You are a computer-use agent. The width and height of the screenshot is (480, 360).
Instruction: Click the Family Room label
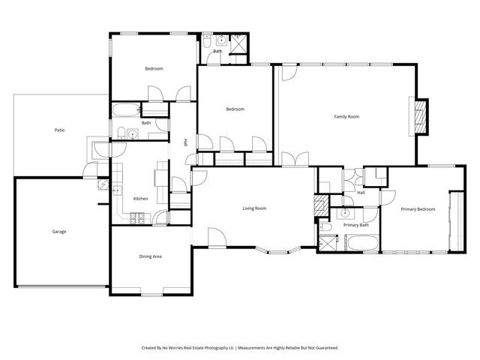346,116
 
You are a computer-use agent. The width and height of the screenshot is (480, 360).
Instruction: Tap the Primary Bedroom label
418,209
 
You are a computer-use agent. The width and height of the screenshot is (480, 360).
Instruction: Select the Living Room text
254,208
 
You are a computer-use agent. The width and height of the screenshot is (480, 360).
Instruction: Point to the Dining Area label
151,256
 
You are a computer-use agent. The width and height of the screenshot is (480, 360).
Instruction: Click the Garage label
59,231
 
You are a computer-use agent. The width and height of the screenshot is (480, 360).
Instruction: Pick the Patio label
59,130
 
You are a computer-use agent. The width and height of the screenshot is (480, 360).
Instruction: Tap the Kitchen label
140,199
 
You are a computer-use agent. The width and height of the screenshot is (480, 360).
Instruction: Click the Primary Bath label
355,225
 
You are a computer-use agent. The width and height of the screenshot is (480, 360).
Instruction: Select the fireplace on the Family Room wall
421,117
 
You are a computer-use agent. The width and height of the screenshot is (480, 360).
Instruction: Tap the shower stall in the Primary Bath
328,243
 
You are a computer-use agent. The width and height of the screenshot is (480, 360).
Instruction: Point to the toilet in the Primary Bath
323,226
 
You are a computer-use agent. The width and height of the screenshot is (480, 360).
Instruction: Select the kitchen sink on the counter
117,190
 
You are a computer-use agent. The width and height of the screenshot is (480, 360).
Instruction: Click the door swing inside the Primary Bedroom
388,196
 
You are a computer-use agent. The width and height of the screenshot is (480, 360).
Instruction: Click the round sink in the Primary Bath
343,212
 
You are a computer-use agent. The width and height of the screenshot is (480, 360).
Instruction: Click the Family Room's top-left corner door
288,73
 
